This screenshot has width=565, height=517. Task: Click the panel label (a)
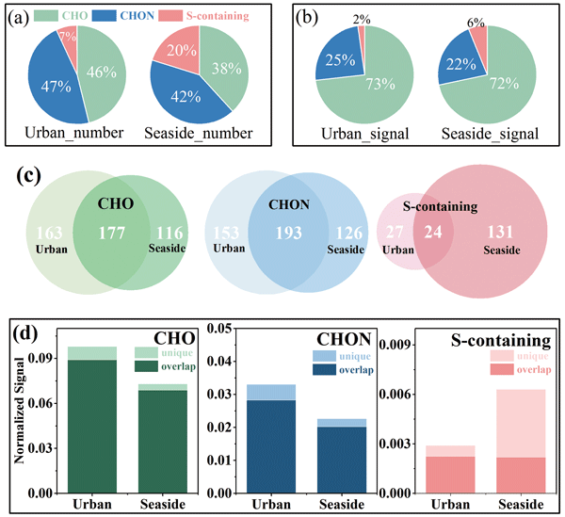17,15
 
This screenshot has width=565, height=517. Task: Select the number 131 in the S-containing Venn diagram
499,233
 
